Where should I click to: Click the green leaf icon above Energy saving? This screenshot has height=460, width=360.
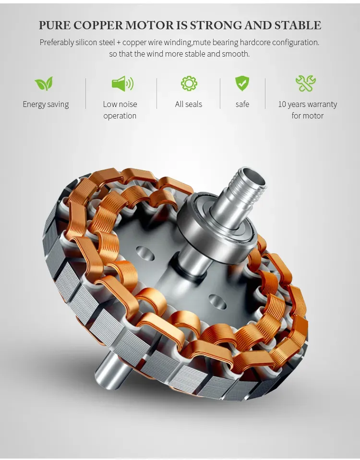44,83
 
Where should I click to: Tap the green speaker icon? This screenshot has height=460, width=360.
122,83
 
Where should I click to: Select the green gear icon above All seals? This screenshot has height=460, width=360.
189,83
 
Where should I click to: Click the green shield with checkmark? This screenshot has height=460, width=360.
242,83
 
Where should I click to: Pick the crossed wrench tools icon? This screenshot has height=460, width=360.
306,83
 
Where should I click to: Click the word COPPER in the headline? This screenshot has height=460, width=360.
98,25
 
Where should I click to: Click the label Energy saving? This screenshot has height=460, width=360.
46,105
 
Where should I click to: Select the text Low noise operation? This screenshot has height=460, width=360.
120,110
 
